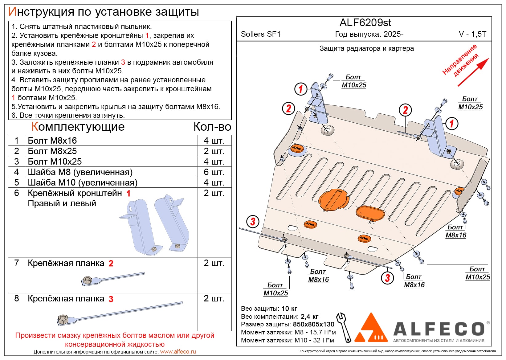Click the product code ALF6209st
(x=365, y=23)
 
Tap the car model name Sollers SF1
(x=261, y=34)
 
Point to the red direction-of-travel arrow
(x=473, y=72)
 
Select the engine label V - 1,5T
(x=472, y=34)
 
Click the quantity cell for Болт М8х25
(x=214, y=151)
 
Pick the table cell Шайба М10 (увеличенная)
(x=83, y=182)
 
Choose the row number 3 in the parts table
(x=17, y=162)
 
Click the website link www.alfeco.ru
(x=178, y=352)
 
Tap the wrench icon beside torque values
(x=344, y=327)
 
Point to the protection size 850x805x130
(x=313, y=324)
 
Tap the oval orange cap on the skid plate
(x=370, y=213)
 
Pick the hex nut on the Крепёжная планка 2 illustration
(x=87, y=280)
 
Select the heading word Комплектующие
(x=78, y=127)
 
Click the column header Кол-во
(x=212, y=127)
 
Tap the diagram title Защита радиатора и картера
(x=366, y=49)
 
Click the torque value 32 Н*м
(x=324, y=340)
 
